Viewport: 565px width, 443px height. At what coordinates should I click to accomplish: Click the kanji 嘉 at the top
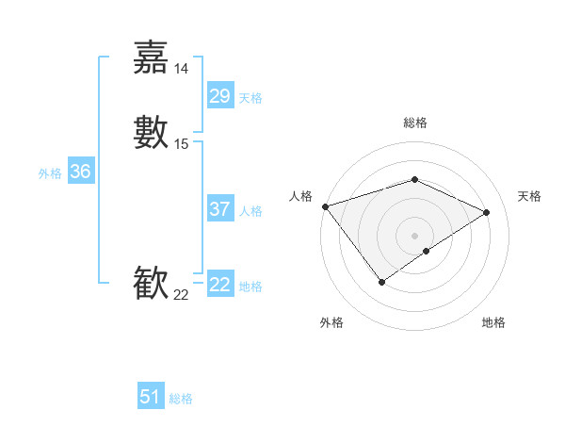tap(151, 57)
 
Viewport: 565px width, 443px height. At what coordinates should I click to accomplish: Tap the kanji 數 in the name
tap(151, 133)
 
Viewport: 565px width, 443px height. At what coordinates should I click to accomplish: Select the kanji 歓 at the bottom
tap(151, 284)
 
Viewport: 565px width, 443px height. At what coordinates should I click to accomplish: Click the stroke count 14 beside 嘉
tap(182, 69)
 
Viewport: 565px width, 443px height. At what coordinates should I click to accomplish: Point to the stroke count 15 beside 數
tap(182, 144)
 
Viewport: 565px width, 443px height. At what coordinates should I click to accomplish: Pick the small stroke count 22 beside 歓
tap(182, 295)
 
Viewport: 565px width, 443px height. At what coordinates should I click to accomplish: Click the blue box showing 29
tap(219, 96)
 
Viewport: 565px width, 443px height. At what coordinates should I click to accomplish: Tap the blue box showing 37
tap(219, 209)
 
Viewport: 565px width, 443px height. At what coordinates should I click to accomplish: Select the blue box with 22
tap(219, 285)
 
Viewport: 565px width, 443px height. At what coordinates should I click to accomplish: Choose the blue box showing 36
tap(81, 172)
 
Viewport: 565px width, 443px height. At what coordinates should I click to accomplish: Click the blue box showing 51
tap(151, 397)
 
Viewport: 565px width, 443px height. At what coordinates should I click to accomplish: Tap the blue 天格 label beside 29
tap(250, 98)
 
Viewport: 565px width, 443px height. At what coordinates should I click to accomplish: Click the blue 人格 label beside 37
tap(250, 211)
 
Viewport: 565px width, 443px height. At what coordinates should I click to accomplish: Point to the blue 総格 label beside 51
tap(181, 399)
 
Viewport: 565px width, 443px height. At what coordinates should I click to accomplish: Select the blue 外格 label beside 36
tap(50, 173)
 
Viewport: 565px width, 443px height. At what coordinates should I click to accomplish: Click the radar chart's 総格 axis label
tap(414, 123)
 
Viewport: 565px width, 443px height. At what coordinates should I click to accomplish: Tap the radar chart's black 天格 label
tap(529, 196)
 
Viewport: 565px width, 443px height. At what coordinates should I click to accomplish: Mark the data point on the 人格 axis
tap(325, 205)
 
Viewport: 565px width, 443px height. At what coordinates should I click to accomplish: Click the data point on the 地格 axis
tap(427, 251)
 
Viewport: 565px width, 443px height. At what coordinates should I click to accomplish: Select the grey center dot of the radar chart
tap(414, 235)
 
